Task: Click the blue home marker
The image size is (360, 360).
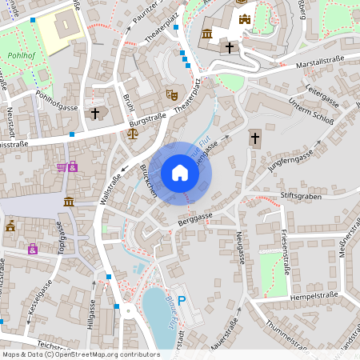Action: pos(180,172)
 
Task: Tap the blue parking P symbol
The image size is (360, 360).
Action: pos(182,300)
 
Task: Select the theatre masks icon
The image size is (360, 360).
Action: pos(170,94)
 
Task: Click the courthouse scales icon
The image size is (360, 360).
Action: pos(132,132)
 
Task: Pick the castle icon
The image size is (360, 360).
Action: pos(244,18)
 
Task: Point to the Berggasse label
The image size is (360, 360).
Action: pos(195,217)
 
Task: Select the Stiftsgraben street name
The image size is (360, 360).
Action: pos(299,194)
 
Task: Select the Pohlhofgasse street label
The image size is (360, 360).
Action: pos(56,106)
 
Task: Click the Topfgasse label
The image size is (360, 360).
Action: pos(60,238)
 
